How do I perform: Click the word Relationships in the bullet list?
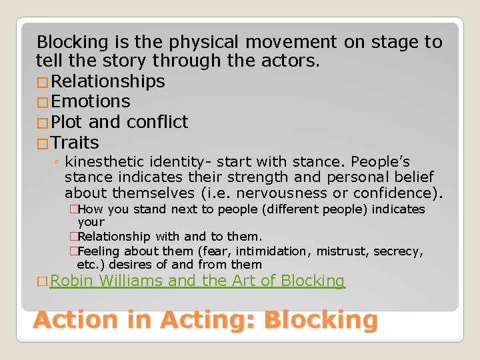[x=108, y=81]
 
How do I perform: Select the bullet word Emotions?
[x=91, y=101]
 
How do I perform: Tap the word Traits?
[x=75, y=143]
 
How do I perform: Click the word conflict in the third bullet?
[x=157, y=122]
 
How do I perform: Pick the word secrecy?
[x=397, y=251]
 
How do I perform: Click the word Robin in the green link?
[x=72, y=281]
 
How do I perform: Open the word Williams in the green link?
[x=131, y=281]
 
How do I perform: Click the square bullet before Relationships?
[x=43, y=82]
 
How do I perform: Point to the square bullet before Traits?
[x=43, y=143]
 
